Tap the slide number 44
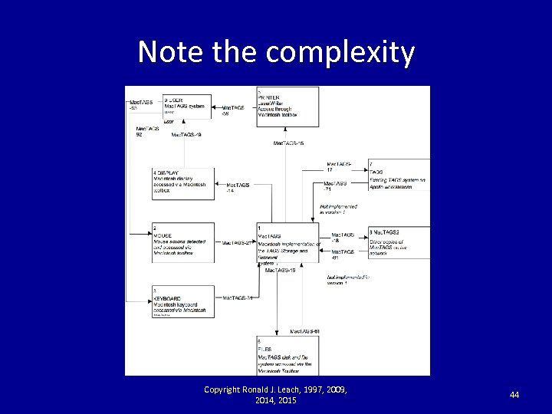[514, 394]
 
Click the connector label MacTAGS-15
[289, 143]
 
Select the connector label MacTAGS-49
[186, 135]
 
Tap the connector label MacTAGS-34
[238, 297]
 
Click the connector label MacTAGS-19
[281, 270]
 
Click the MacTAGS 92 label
[148, 131]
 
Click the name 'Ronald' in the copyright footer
[259, 390]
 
